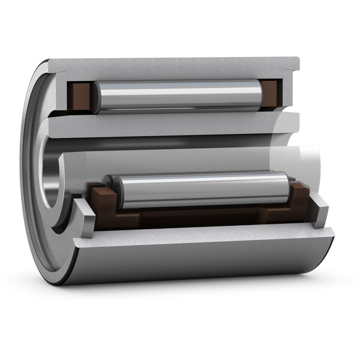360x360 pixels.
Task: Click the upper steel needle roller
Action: pos(180,96)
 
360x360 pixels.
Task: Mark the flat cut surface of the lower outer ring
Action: pos(198,236)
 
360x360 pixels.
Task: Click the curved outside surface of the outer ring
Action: pos(198,264)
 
